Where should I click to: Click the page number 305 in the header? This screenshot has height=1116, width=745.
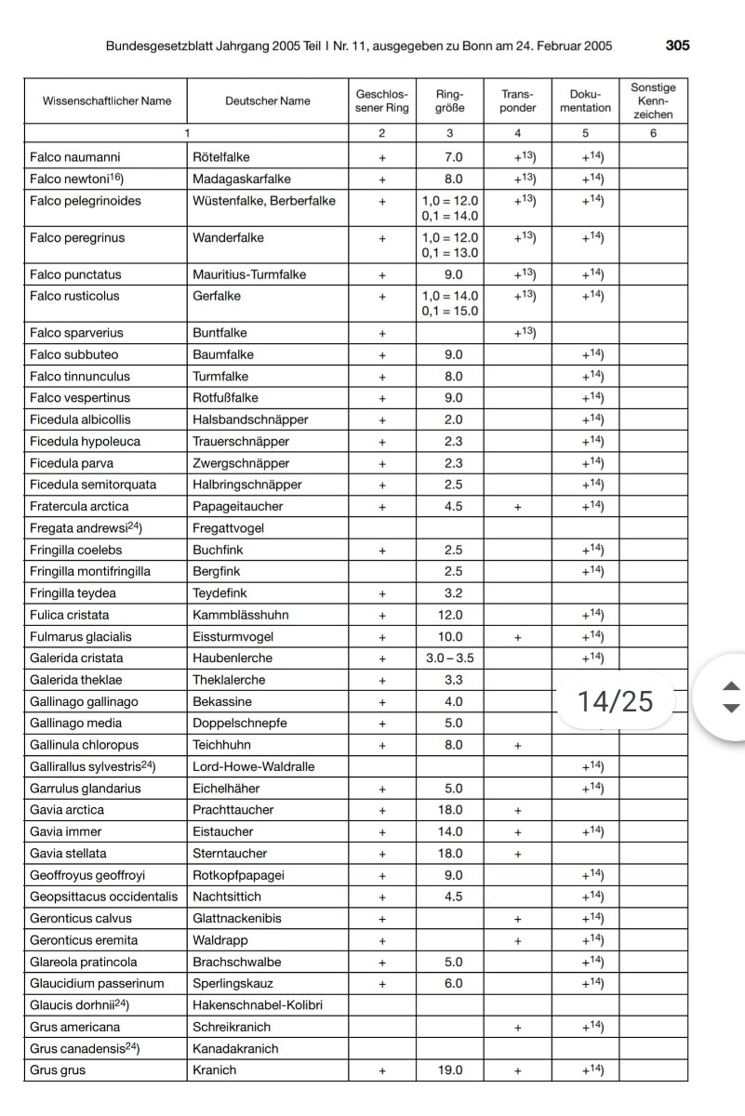click(x=677, y=46)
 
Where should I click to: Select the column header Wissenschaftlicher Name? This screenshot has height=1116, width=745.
click(x=107, y=101)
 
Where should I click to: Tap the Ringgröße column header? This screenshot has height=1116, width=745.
click(x=449, y=101)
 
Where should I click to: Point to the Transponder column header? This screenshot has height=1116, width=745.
click(x=518, y=101)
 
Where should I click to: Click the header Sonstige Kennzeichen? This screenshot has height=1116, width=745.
click(x=653, y=101)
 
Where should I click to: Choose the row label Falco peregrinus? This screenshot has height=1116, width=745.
click(x=76, y=238)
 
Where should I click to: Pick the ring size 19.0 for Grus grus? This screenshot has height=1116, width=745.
click(x=450, y=1070)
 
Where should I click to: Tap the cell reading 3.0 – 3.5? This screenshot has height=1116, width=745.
click(x=450, y=658)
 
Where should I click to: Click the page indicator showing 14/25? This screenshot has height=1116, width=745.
click(x=616, y=701)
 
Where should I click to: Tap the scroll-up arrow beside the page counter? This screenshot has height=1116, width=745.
click(x=732, y=686)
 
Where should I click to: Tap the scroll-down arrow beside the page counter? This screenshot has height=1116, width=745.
click(x=732, y=709)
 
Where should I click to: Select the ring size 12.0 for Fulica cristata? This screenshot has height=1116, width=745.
click(x=450, y=615)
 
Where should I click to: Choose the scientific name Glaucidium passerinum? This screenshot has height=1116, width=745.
click(x=97, y=984)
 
